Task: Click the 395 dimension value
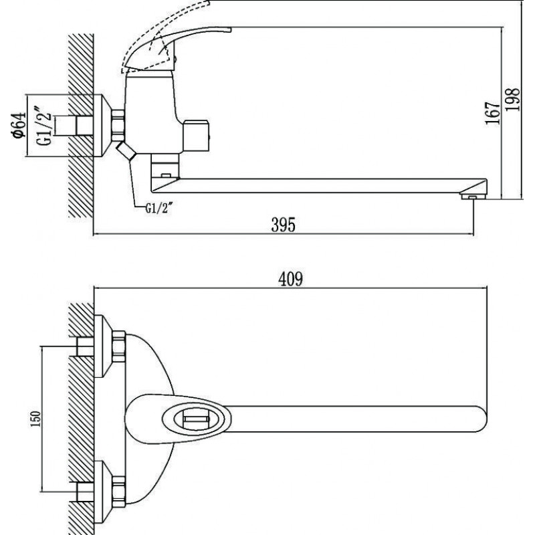[283, 225]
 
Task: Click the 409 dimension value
[290, 280]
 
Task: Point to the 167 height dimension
[494, 112]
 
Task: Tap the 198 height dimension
[512, 99]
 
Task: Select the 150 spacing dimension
[35, 419]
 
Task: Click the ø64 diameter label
[19, 125]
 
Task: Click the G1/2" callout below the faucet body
[157, 208]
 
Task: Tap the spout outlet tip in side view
[473, 196]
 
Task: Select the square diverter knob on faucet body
[195, 136]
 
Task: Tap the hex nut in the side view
[118, 125]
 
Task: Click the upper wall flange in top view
[102, 346]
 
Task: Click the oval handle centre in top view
[196, 419]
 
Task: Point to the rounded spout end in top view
[479, 419]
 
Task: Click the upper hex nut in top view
[118, 346]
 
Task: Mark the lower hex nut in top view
[118, 490]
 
